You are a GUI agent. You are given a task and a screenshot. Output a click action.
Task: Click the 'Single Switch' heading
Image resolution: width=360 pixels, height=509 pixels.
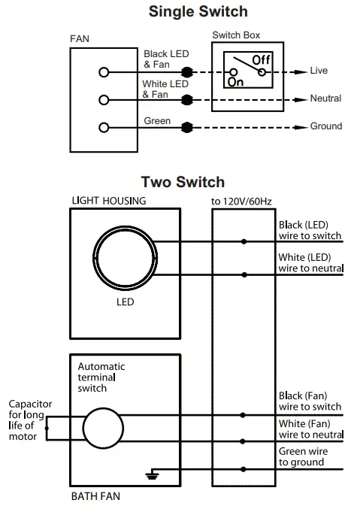point(198,11)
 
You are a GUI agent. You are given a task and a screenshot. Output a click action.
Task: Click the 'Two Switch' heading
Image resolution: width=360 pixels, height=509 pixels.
point(182,182)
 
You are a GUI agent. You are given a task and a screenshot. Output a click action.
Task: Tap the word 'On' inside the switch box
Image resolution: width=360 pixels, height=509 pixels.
point(234,80)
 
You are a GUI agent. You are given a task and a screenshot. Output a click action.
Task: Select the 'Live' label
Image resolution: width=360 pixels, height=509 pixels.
point(319,71)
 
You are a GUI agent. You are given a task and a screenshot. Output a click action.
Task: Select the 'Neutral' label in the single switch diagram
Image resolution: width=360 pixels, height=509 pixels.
point(325,98)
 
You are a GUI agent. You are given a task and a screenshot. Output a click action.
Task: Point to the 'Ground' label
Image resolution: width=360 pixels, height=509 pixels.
point(326,126)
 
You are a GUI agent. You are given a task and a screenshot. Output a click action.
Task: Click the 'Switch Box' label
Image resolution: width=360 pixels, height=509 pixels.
point(237,35)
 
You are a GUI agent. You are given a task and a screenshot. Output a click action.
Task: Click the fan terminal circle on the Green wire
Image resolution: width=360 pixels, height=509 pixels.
point(103,126)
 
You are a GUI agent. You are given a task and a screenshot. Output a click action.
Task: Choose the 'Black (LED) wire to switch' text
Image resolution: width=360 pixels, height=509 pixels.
point(310,230)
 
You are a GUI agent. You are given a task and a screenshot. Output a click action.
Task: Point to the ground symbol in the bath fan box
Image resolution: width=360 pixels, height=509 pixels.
point(153,475)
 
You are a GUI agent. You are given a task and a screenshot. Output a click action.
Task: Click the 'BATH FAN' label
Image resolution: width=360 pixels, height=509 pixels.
point(95,496)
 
